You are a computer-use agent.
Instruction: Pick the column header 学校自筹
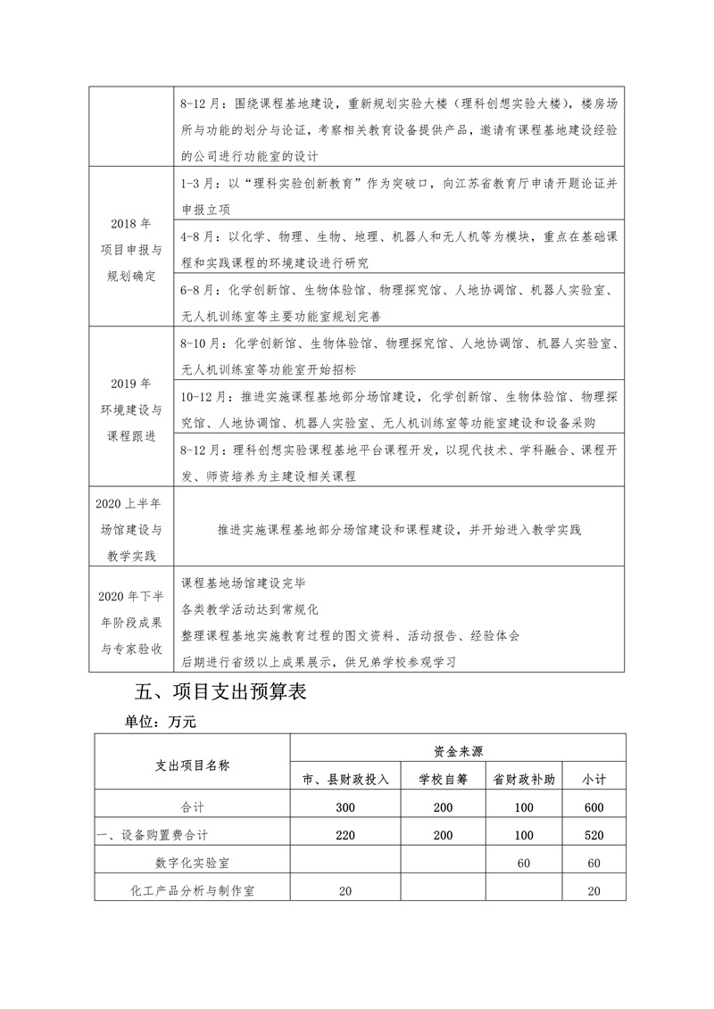coord(443,779)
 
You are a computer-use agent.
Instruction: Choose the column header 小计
coord(594,779)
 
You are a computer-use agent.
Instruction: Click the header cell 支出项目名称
coord(193,765)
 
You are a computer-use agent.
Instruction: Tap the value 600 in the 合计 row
coord(594,807)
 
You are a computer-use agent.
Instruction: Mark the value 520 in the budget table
coord(594,836)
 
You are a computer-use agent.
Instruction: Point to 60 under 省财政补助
coord(524,864)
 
